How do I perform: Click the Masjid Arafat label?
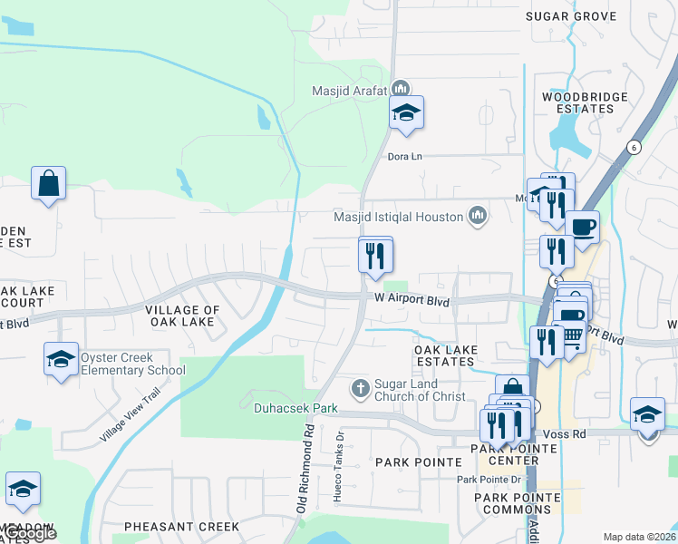click(349, 90)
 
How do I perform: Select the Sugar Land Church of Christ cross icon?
click(361, 389)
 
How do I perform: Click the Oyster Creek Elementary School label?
click(132, 364)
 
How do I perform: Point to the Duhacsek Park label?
click(295, 408)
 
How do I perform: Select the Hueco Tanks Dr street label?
click(341, 448)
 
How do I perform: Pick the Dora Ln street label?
click(405, 156)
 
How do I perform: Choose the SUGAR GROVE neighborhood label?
click(583, 16)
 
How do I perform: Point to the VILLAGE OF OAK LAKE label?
click(182, 316)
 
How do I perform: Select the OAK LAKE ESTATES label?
click(444, 355)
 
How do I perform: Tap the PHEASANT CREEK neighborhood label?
click(181, 526)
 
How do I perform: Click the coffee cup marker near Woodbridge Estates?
click(581, 227)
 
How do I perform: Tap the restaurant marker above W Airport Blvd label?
click(374, 255)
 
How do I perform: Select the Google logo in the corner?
click(29, 534)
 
